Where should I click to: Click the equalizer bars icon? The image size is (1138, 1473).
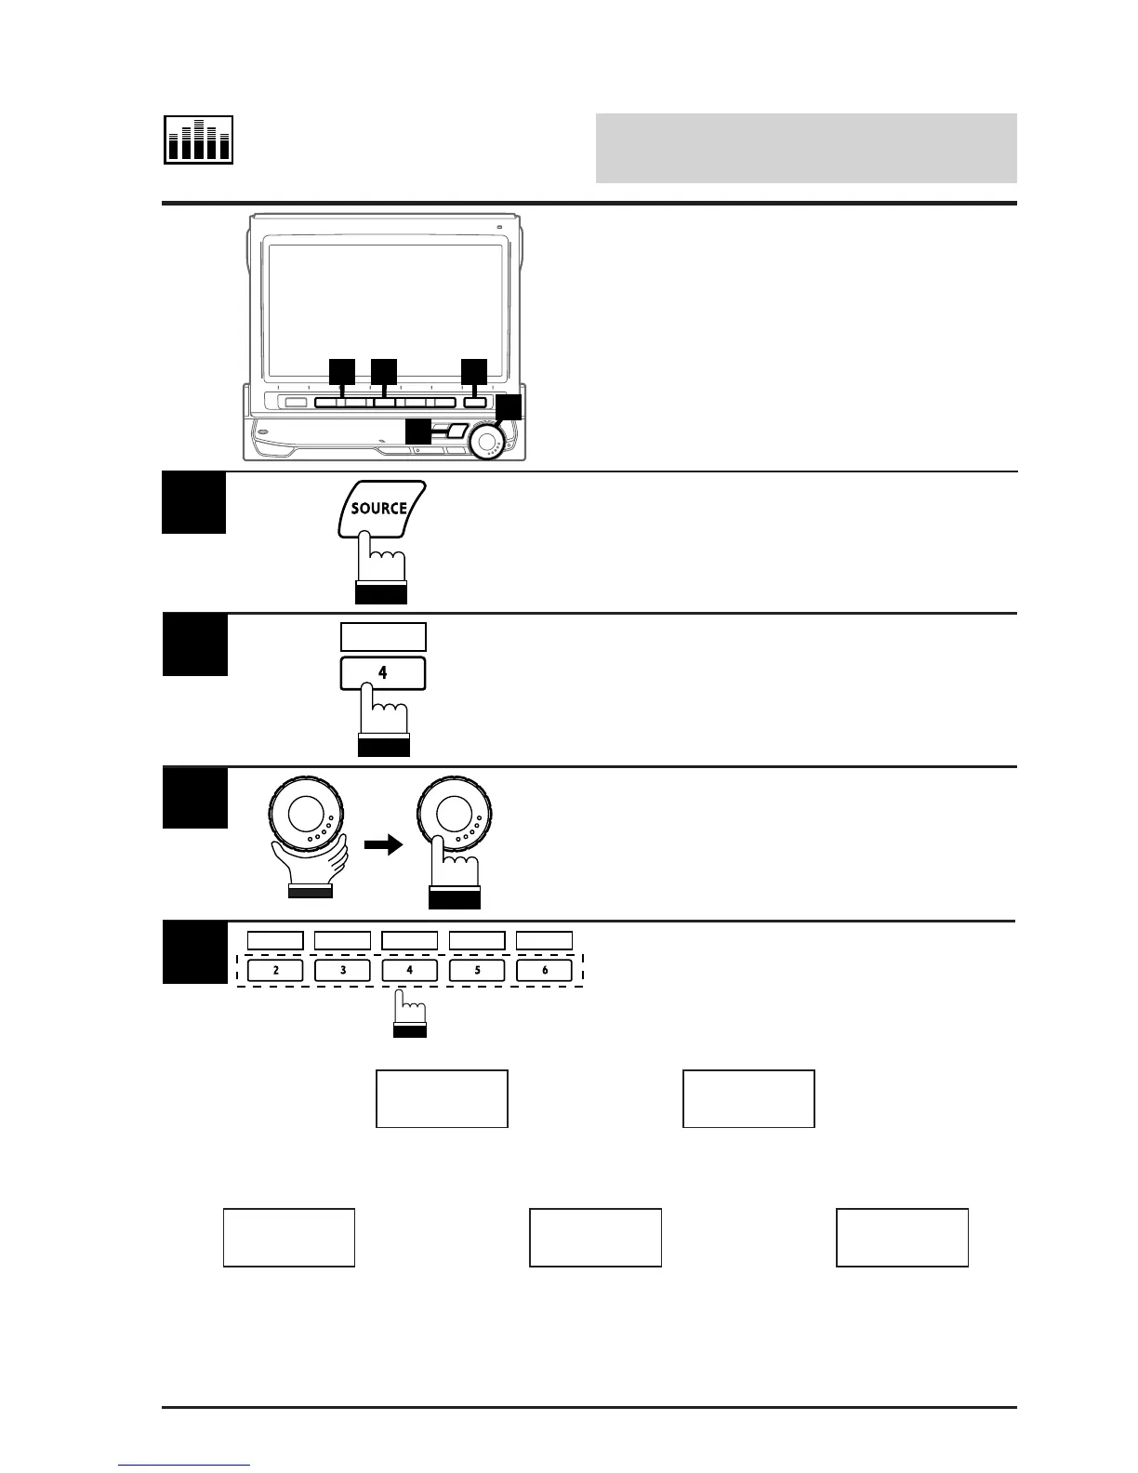[x=199, y=140]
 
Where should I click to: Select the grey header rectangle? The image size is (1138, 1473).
[x=805, y=149]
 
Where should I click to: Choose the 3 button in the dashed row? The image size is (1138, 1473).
[x=343, y=970]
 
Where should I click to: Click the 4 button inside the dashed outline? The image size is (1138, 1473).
[x=410, y=970]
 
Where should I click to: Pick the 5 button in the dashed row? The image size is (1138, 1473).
[x=477, y=970]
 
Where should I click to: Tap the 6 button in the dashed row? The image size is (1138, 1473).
[x=544, y=970]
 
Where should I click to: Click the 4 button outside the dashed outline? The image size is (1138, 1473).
[x=383, y=673]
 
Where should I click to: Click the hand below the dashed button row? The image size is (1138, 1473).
[x=410, y=1014]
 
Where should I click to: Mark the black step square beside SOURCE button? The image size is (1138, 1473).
[x=194, y=503]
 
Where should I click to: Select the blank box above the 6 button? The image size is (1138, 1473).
[x=544, y=940]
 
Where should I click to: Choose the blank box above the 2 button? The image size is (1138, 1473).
[x=276, y=940]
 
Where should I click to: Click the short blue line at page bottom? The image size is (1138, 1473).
[x=184, y=1465]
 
